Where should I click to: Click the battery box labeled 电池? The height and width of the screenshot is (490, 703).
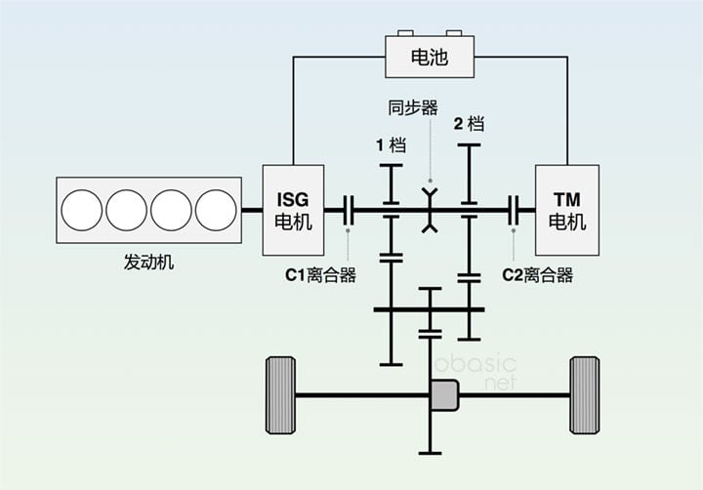point(431,58)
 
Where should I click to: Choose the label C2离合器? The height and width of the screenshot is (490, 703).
point(537,275)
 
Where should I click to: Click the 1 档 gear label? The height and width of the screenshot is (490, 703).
point(391,145)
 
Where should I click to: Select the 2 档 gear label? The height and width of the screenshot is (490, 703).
point(469,124)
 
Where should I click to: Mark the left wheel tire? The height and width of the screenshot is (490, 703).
point(281,395)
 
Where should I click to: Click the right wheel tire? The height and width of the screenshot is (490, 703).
point(584,395)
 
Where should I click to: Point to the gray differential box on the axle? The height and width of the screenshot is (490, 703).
point(444,395)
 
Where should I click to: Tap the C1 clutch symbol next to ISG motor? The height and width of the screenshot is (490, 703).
point(349,209)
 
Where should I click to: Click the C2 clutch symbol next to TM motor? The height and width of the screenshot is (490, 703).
point(515,209)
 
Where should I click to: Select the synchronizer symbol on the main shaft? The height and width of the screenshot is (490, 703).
point(429,211)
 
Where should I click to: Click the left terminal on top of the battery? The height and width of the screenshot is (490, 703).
point(403,32)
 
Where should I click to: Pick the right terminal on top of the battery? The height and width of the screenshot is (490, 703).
point(456,32)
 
